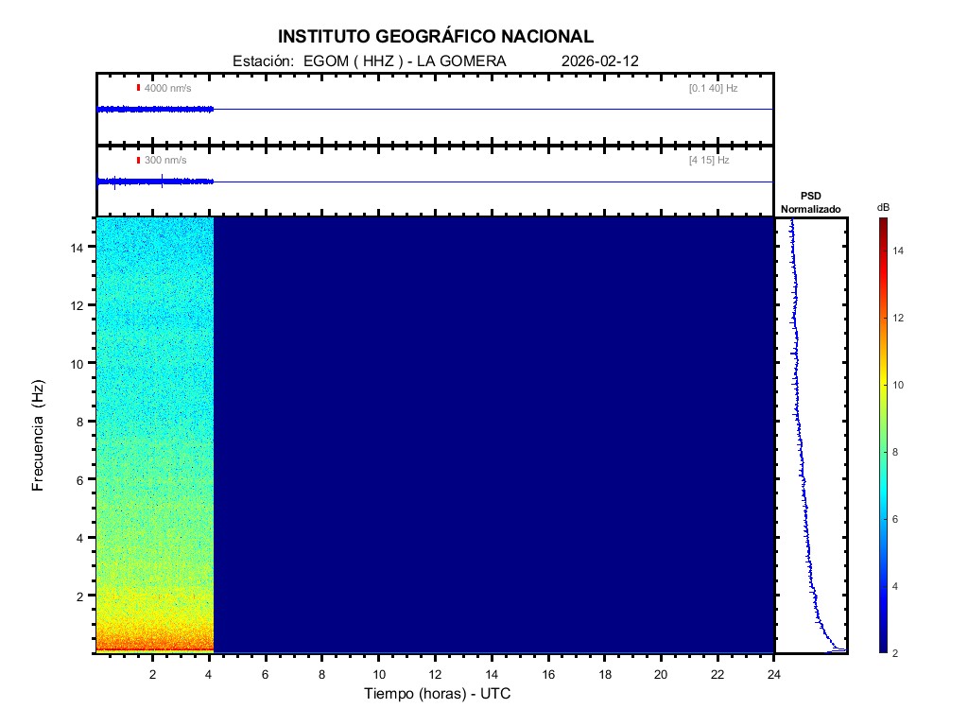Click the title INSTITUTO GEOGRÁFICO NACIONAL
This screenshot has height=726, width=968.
tap(435, 37)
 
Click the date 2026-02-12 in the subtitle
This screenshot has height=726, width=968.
tap(600, 60)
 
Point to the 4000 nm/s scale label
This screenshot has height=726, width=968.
tap(167, 88)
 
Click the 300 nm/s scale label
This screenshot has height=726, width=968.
tap(165, 161)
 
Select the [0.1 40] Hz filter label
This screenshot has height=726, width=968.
tap(713, 88)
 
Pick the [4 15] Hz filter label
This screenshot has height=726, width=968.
tap(709, 161)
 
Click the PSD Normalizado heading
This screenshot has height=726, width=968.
tap(810, 202)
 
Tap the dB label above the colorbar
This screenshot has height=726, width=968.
tap(883, 207)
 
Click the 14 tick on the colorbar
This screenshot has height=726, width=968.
tap(900, 251)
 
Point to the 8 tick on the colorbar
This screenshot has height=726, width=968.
tap(899, 453)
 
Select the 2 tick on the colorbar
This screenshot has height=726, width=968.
tap(899, 653)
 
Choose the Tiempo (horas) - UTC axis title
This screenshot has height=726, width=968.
tap(438, 694)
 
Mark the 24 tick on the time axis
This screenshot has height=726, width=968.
tap(774, 674)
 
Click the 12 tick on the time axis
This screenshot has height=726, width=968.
tap(435, 674)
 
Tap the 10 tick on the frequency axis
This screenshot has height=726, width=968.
tap(80, 363)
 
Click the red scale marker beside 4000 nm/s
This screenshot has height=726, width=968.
tap(138, 88)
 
